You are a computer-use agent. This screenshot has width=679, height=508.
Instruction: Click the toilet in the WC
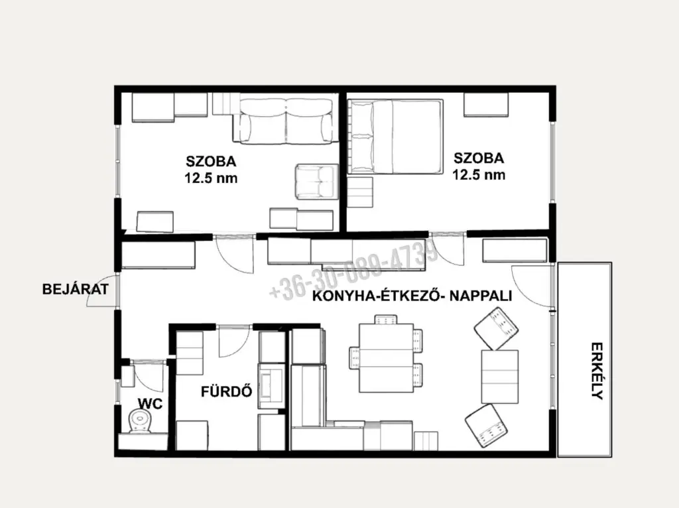tap(140, 421)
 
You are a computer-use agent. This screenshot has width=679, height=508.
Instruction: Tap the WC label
tap(150, 404)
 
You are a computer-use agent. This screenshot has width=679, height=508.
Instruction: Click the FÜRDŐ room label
tap(227, 391)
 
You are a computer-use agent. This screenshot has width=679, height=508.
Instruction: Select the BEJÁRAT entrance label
tap(76, 289)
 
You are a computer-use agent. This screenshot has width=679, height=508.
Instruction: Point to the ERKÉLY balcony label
tap(597, 371)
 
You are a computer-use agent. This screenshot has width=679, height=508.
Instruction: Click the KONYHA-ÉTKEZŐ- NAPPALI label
tap(412, 296)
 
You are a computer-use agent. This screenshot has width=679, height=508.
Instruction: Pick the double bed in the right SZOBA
tap(395, 137)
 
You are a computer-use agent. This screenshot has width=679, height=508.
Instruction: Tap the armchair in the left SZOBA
tap(316, 182)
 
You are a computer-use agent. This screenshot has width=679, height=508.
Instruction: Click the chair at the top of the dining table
tap(385, 319)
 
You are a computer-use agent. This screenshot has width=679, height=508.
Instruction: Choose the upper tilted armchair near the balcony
tap(496, 328)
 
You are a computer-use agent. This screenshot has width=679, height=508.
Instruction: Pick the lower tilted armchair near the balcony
tap(487, 426)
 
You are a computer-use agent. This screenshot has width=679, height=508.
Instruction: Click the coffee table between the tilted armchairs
tap(500, 377)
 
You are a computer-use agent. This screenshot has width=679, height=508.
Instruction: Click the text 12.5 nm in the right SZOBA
tap(479, 174)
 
